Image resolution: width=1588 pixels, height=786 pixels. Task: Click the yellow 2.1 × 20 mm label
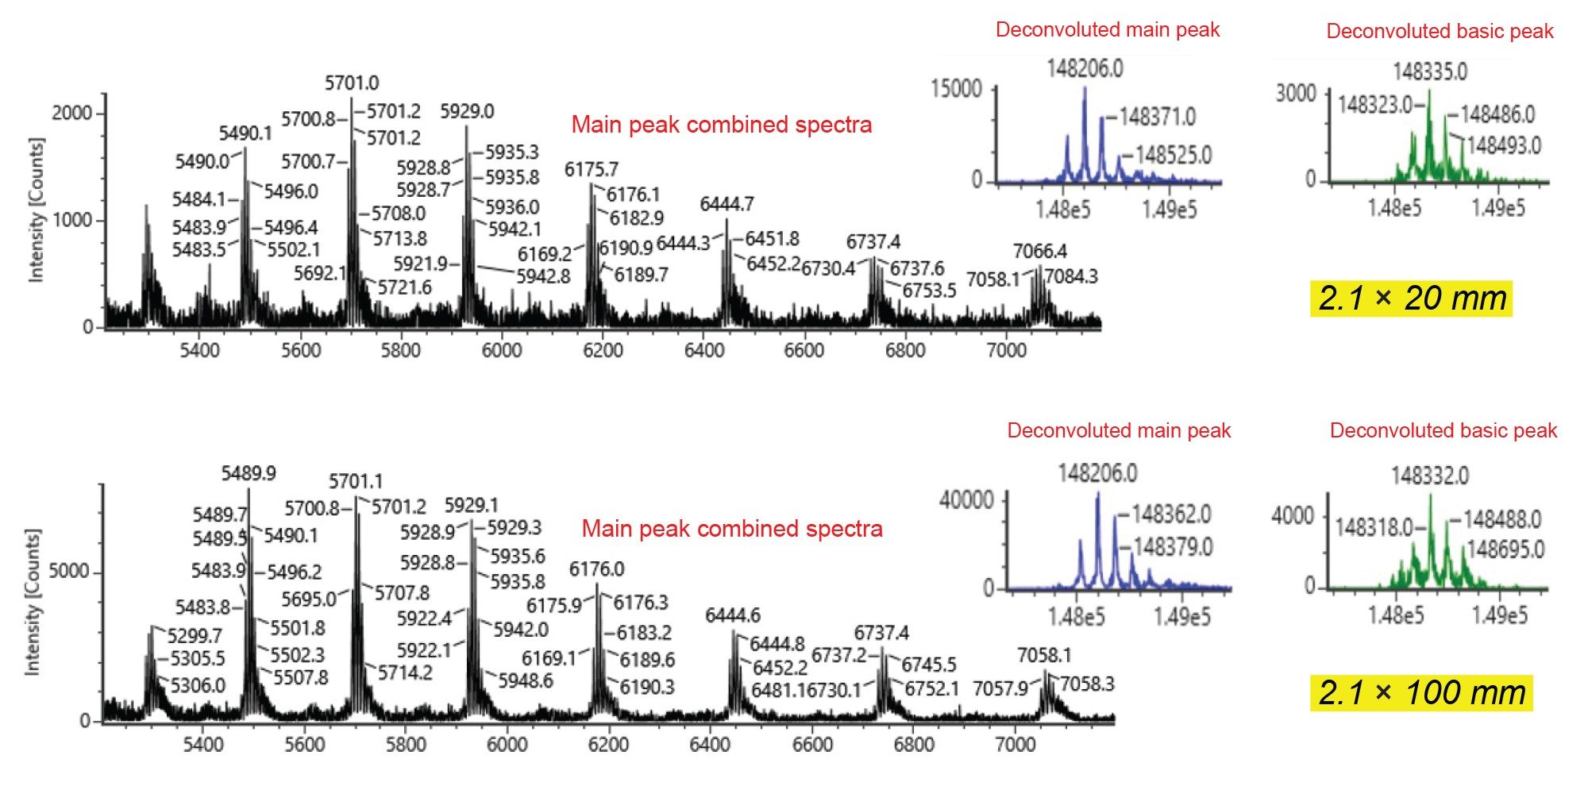tap(1412, 299)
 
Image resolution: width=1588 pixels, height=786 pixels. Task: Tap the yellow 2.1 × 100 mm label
tap(1421, 692)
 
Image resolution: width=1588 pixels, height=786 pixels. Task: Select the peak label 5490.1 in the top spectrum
tap(245, 133)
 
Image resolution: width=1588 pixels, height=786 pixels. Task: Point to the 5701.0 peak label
tap(352, 83)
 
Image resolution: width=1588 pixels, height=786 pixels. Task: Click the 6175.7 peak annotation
tap(591, 169)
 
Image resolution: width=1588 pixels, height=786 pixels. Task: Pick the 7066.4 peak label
tap(1039, 252)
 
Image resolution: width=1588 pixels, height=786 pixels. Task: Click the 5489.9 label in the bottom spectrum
tap(249, 474)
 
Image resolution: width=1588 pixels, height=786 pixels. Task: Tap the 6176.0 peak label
tap(596, 569)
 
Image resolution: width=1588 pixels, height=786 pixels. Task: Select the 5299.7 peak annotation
tap(195, 636)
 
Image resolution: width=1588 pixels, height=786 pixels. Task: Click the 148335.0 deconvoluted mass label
tap(1430, 72)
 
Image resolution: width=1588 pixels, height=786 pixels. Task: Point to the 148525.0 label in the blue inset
tap(1173, 155)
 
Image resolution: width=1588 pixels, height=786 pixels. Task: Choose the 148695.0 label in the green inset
tap(1505, 549)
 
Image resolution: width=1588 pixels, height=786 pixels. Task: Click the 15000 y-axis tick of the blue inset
tap(956, 89)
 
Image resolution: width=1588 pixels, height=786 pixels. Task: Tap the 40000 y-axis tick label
tap(966, 500)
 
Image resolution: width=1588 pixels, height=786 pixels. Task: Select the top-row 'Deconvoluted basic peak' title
tap(1440, 32)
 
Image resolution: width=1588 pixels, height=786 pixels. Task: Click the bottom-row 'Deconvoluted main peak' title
tap(1119, 431)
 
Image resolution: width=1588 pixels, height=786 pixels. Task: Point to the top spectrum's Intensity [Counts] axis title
tap(36, 210)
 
